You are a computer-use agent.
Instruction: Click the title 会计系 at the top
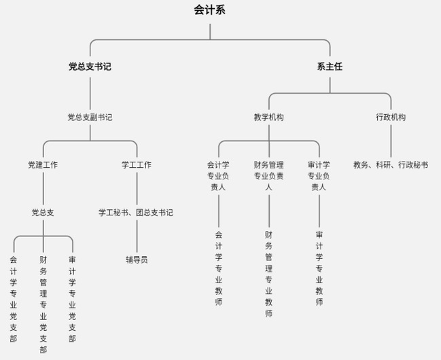click(209, 10)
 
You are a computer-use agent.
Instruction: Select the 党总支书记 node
click(90, 67)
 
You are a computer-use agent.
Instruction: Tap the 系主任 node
click(330, 67)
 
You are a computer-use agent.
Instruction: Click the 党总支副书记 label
click(90, 117)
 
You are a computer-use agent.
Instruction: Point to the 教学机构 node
click(269, 117)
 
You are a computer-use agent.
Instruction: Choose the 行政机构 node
click(391, 117)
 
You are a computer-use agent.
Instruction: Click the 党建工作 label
click(43, 164)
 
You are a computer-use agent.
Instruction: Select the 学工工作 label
click(137, 164)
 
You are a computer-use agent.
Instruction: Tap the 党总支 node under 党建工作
click(43, 212)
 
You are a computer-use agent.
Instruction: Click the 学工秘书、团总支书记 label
click(136, 212)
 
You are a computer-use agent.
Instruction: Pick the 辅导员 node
click(136, 259)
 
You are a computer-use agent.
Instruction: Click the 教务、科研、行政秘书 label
click(391, 164)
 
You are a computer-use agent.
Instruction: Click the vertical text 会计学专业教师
click(218, 268)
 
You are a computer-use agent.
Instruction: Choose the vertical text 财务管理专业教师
click(268, 274)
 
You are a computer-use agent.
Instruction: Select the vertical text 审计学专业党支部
click(72, 298)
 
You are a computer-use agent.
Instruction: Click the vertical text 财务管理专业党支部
click(43, 304)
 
